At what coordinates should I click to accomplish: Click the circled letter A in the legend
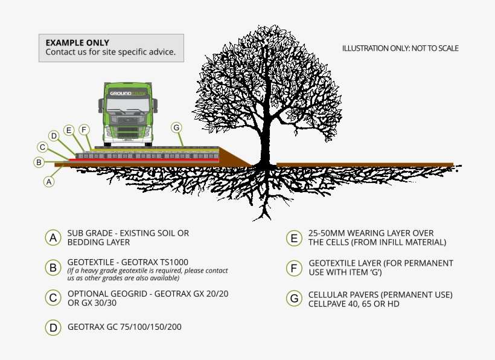coord(54,237)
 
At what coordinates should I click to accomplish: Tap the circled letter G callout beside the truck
coord(176,127)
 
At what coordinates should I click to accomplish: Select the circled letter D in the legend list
coord(54,327)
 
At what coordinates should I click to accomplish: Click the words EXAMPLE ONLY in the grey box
coord(77,43)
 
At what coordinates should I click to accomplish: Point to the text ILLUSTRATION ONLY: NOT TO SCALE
coord(400,48)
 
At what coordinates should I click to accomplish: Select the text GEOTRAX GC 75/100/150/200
coord(124,327)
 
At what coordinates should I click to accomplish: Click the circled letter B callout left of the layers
coord(39,162)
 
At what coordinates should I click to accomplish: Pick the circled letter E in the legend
coord(293,237)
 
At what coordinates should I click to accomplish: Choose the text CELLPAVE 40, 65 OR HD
coord(353,304)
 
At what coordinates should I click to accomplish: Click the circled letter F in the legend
coord(293,268)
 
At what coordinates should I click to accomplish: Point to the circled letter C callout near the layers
coord(42,147)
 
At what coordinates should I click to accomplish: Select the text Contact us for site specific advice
coord(111,53)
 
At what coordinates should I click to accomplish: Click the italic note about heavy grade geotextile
coord(147,274)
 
